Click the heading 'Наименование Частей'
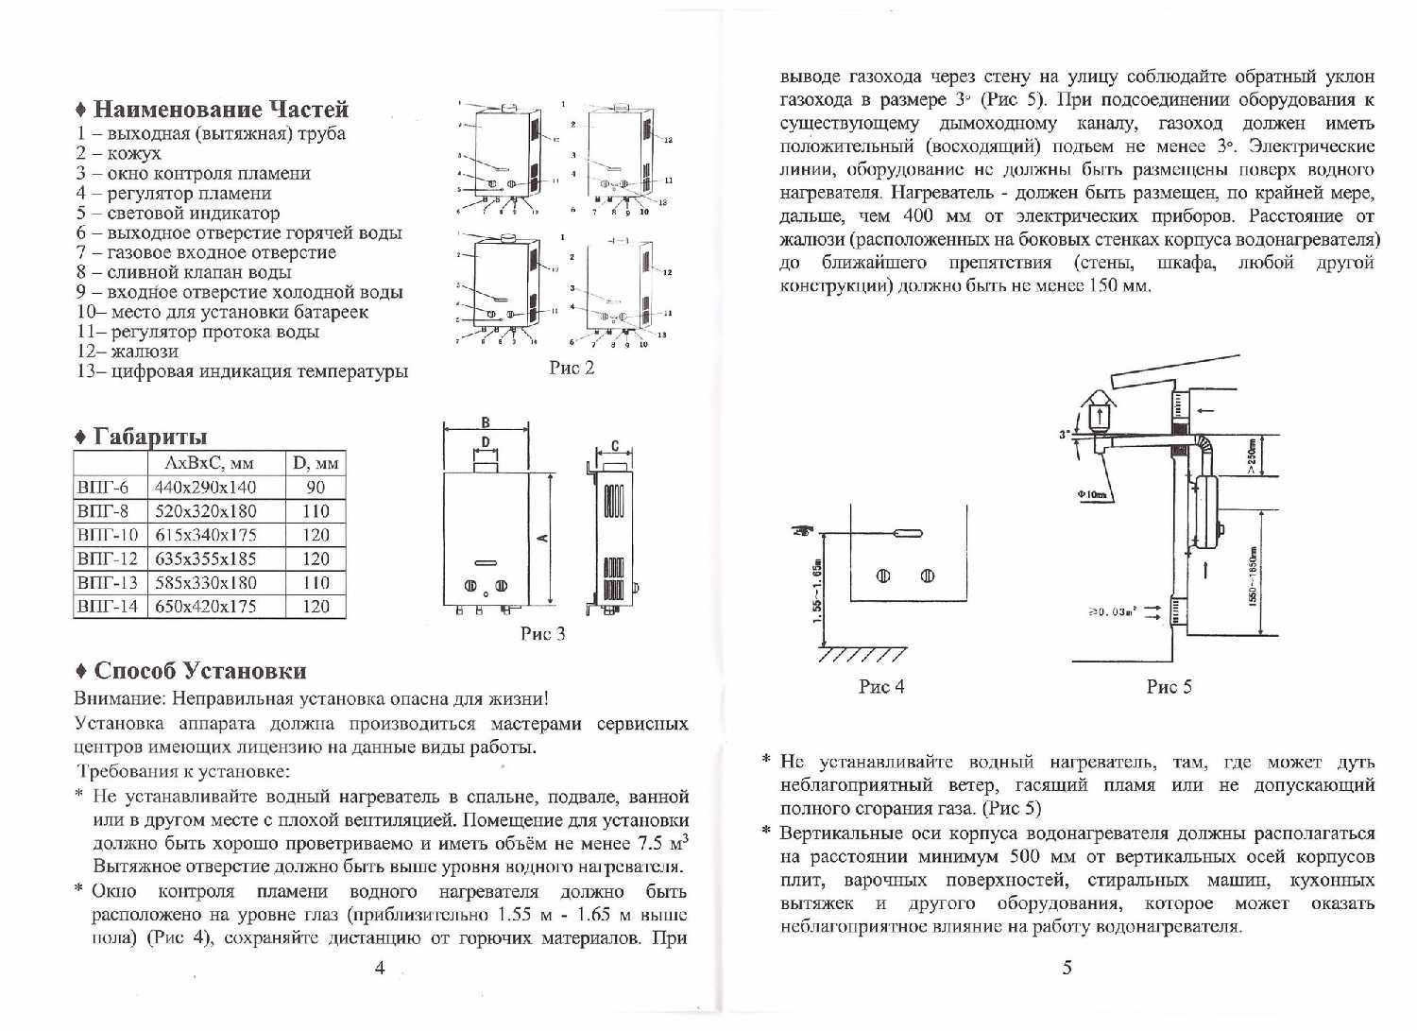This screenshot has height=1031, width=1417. (x=220, y=110)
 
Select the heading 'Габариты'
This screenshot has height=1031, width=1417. (x=149, y=437)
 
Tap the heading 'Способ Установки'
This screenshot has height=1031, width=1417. (x=200, y=671)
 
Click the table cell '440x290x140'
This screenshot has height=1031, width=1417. (x=205, y=488)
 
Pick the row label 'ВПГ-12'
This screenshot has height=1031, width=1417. (x=108, y=559)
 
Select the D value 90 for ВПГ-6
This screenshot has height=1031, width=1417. (x=316, y=488)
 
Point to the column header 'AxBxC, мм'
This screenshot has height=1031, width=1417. (x=210, y=463)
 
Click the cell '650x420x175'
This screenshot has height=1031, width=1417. (x=205, y=607)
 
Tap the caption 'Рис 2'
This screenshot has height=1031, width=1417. (x=572, y=368)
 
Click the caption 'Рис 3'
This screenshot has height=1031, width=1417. (x=542, y=633)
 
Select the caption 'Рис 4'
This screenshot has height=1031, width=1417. (x=880, y=687)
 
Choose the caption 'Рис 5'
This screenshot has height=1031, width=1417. (x=1169, y=687)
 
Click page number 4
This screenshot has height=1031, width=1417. (x=380, y=968)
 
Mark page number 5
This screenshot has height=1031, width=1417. (x=1067, y=968)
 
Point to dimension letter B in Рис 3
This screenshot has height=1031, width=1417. (x=486, y=423)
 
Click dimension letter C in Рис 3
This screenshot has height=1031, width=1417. (x=615, y=445)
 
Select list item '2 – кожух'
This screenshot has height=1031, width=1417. (x=119, y=153)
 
